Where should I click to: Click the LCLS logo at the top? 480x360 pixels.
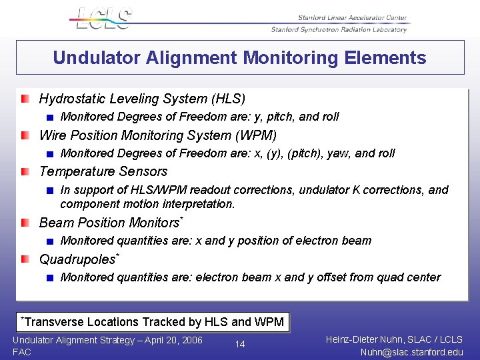click(104, 19)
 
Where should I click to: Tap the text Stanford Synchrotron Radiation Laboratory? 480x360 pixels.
click(339, 29)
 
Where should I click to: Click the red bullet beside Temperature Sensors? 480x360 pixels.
click(25, 171)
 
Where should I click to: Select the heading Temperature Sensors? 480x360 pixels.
click(103, 171)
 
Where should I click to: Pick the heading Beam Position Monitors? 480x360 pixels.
click(109, 223)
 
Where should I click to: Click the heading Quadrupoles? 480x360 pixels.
click(77, 259)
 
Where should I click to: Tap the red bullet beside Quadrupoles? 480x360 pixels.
click(25, 259)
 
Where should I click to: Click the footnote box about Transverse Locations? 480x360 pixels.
click(153, 322)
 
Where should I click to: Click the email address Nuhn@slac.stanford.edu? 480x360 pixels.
click(411, 352)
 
